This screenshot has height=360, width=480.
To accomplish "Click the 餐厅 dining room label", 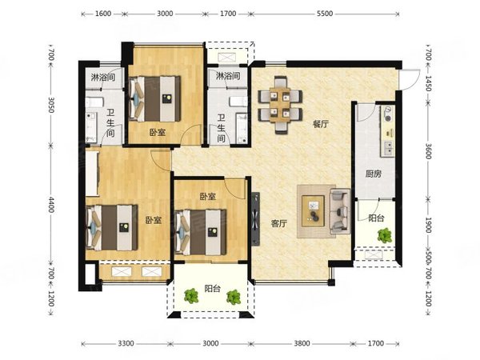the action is click(x=321, y=124).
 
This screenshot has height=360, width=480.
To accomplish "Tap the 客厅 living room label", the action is click(x=279, y=224).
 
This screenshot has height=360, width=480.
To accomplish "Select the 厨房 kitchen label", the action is click(x=373, y=174).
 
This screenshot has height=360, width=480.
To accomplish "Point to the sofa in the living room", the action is click(x=340, y=211).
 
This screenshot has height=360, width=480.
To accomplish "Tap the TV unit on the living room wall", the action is click(x=255, y=219).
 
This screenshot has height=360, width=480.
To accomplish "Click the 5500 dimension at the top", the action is click(x=325, y=14).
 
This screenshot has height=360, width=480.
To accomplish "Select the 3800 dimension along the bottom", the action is click(x=302, y=343).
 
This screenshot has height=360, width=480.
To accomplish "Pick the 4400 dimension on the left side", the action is click(x=51, y=205).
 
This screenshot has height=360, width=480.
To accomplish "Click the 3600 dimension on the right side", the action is click(x=428, y=151).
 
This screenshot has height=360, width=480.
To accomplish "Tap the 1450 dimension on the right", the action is click(x=428, y=83).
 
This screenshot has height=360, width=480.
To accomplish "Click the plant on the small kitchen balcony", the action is click(x=385, y=235).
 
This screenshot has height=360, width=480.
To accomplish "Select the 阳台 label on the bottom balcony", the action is click(x=212, y=288).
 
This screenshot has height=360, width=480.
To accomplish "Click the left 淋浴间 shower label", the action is click(x=103, y=77).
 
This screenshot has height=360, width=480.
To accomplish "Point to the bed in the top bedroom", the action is click(x=154, y=98).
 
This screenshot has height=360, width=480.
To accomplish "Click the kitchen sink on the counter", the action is click(x=387, y=149).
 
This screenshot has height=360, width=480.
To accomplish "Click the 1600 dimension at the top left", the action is click(x=103, y=14).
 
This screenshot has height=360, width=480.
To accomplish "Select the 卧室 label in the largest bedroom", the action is click(x=153, y=220).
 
